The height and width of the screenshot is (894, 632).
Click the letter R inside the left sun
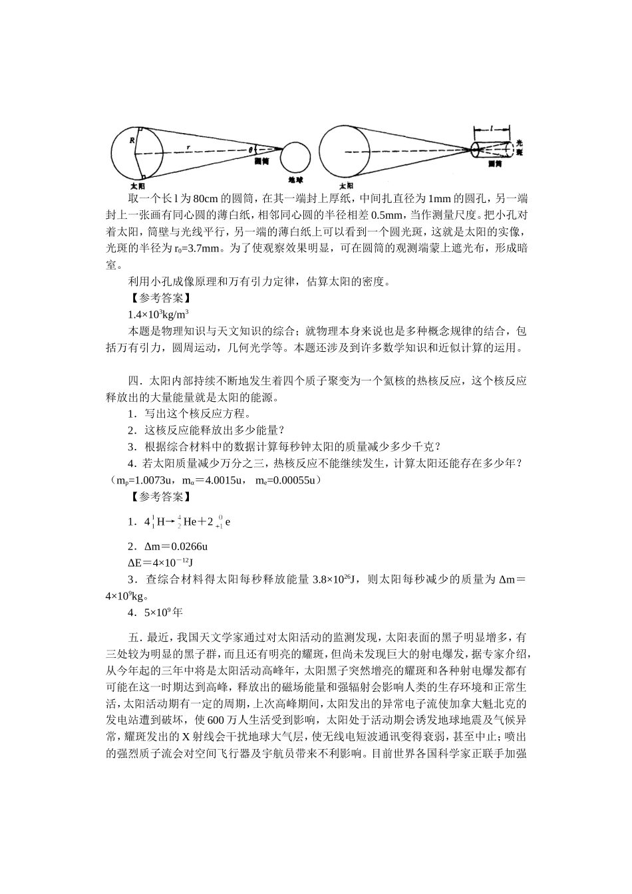(x=132, y=140)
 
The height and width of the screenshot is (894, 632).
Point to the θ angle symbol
(x=251, y=149)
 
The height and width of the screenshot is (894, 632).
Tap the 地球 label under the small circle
(x=295, y=180)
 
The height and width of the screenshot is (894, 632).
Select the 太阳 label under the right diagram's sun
(x=345, y=186)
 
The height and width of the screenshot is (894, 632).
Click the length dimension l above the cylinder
(x=491, y=126)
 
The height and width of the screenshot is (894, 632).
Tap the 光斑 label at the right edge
(x=520, y=148)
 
